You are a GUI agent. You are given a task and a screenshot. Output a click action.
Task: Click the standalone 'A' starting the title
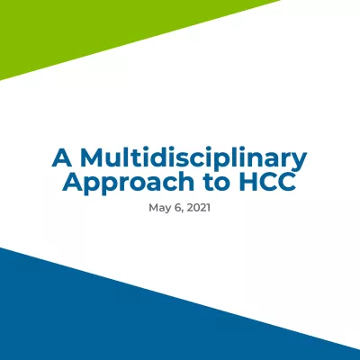[60, 158]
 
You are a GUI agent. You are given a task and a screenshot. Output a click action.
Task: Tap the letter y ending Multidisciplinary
[301, 161]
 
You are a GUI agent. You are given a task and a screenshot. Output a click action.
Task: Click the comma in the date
[183, 210]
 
